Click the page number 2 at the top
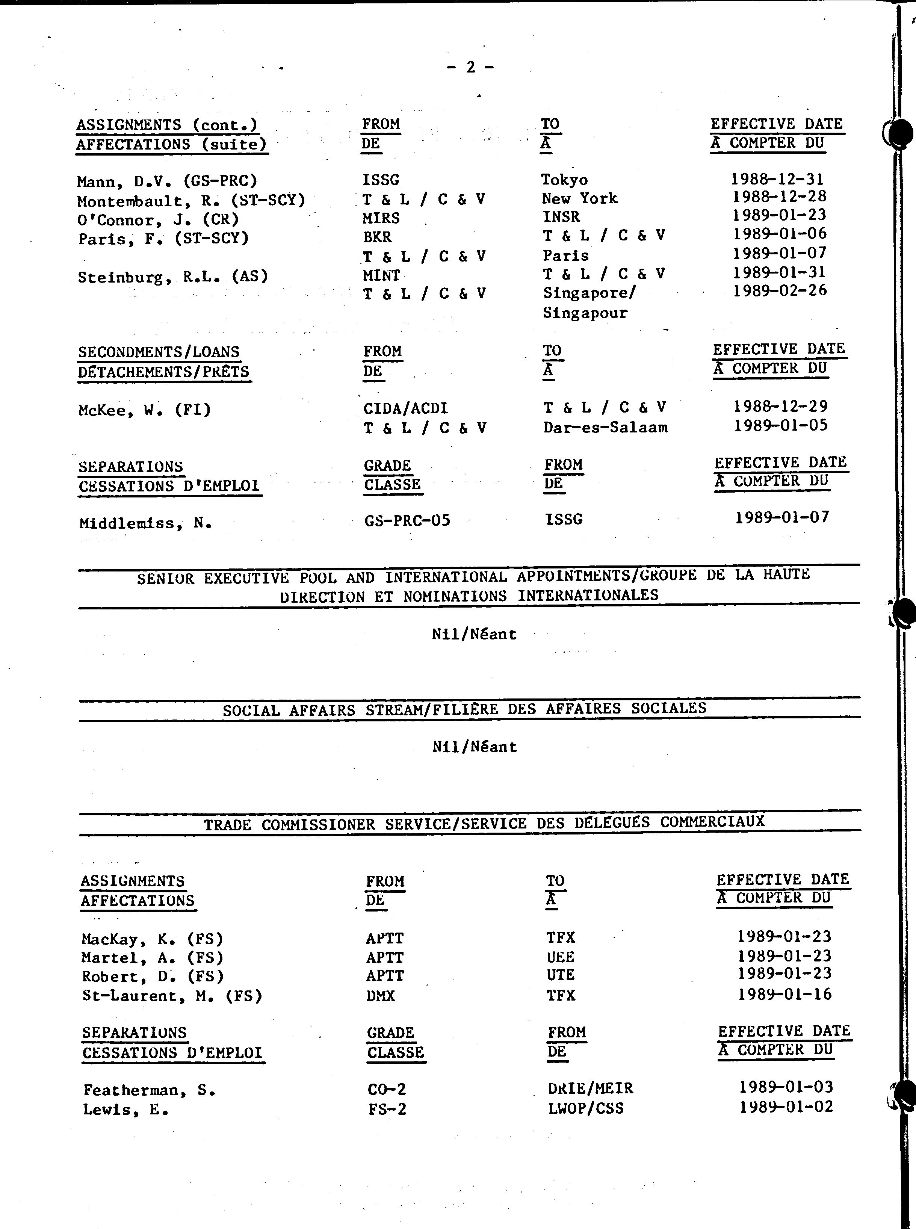tap(470, 67)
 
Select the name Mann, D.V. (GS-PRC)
tap(167, 181)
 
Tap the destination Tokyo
tap(564, 180)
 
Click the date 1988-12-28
tap(779, 197)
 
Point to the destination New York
tap(579, 198)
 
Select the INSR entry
tap(561, 217)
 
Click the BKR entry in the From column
tap(377, 237)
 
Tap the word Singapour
tap(584, 313)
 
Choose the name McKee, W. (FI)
tap(145, 410)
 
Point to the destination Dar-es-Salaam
tap(605, 428)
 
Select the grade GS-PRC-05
tap(407, 520)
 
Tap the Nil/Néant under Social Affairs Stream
tap(474, 747)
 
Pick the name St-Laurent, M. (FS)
tap(172, 996)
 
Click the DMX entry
tap(380, 996)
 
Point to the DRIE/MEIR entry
tap(590, 1088)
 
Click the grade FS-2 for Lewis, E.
tap(387, 1109)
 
